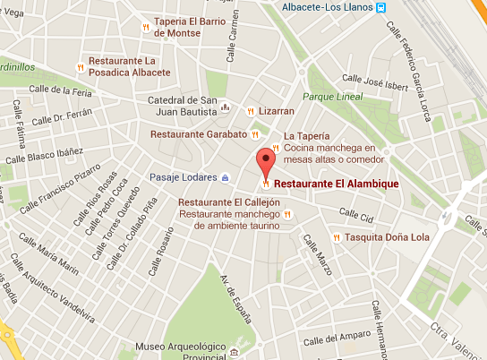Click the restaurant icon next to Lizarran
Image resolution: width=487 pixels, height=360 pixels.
pyautogui.click(x=251, y=111)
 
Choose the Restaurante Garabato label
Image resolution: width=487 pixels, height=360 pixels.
pyautogui.click(x=198, y=133)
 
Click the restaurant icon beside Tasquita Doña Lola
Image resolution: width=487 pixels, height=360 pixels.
pyautogui.click(x=337, y=237)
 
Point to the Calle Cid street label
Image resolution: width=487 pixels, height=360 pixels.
pyautogui.click(x=355, y=215)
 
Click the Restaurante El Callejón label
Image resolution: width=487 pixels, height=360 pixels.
pyautogui.click(x=229, y=203)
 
